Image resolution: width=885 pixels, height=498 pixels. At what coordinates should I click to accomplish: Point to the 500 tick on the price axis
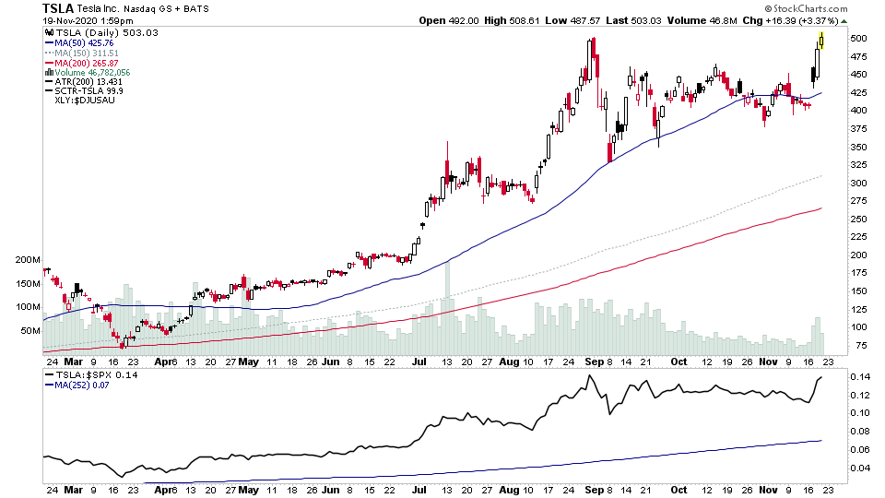[x=859, y=39]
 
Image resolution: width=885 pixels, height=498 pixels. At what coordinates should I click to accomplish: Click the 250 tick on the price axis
[x=859, y=219]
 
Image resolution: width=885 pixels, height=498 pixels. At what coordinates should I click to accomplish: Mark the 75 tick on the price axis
[x=859, y=345]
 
